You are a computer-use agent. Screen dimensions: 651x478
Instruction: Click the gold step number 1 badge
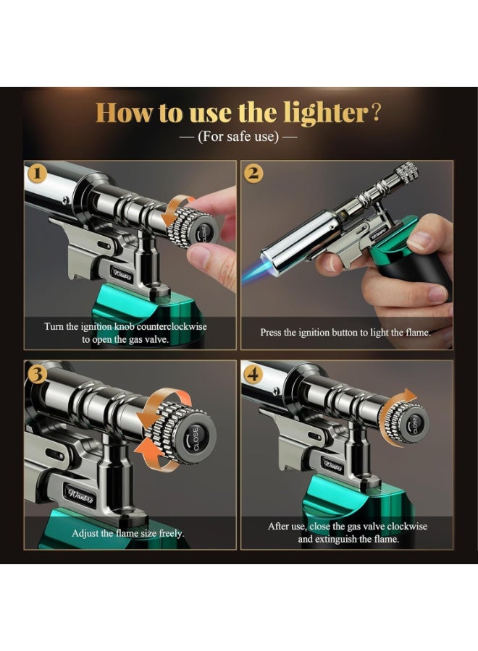click(x=37, y=174)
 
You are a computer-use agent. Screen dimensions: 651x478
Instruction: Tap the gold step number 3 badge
click(x=37, y=374)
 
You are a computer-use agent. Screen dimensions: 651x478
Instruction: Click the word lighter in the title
click(x=325, y=113)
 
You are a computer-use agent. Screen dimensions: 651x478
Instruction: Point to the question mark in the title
click(x=375, y=113)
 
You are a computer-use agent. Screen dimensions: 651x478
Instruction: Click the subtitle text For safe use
click(x=238, y=136)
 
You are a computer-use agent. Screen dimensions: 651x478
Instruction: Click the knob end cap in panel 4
click(x=415, y=422)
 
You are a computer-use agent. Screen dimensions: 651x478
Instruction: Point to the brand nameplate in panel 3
click(x=81, y=495)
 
